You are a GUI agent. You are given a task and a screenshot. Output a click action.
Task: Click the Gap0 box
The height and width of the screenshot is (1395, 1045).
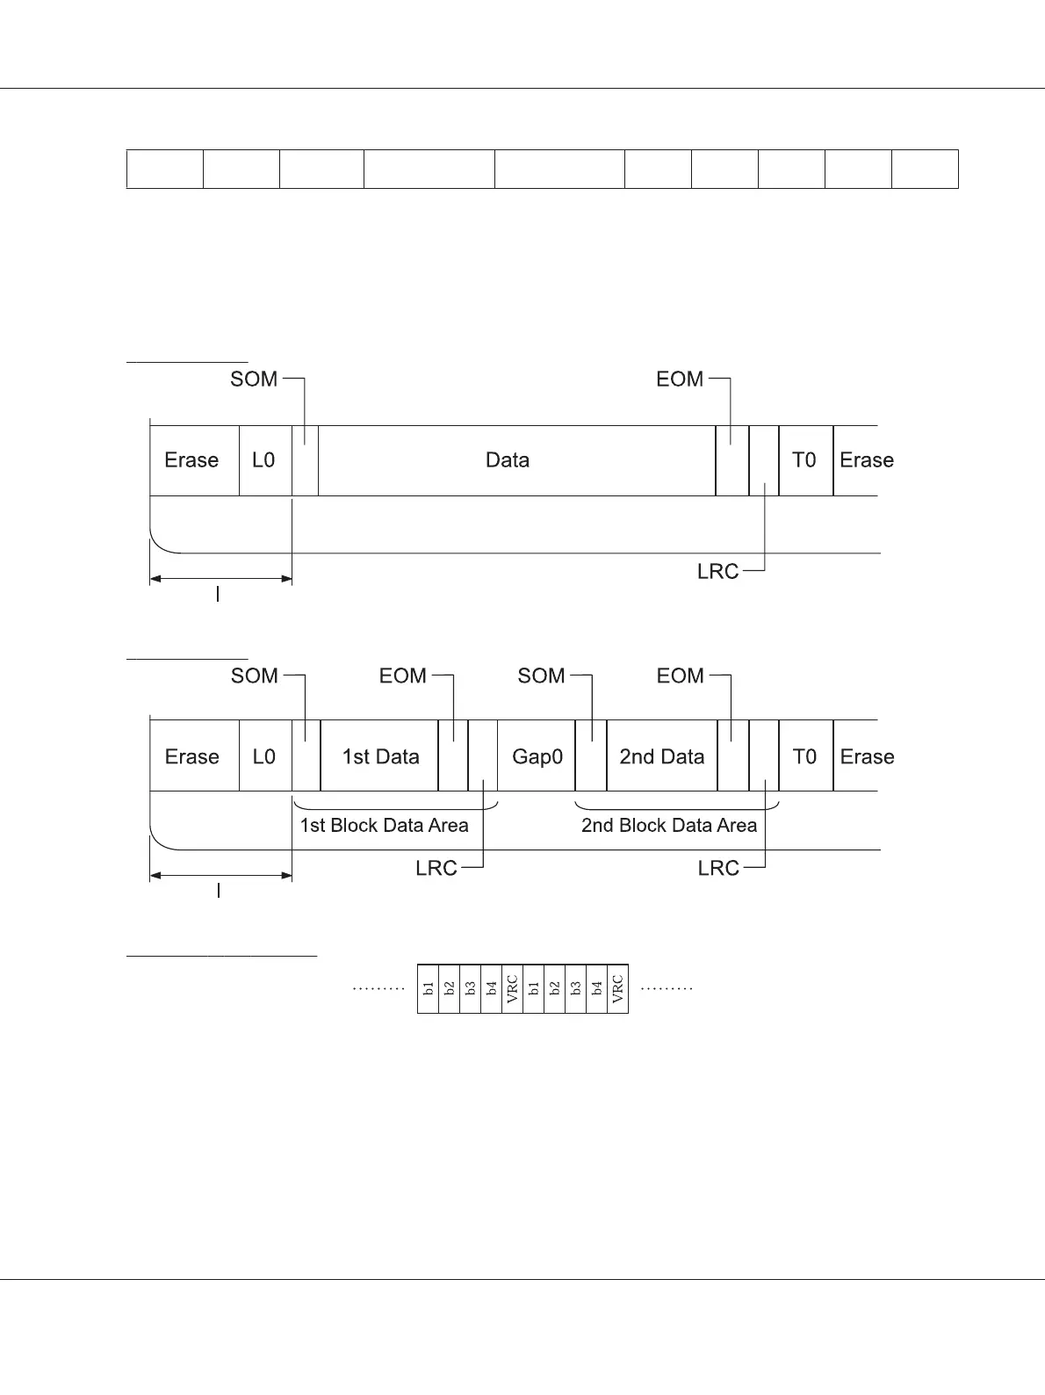pos(537,756)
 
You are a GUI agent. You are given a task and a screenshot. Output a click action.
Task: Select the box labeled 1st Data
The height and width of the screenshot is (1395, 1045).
pos(379,756)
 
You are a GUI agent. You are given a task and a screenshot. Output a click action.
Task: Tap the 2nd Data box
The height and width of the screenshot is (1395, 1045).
pos(661,756)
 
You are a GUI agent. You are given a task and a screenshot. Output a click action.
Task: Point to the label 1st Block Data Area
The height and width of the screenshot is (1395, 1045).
pos(384,826)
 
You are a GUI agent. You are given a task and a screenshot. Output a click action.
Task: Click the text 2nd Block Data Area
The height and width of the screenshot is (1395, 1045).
pos(668,826)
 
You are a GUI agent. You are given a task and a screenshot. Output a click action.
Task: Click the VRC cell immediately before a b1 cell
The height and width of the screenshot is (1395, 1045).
pos(513,989)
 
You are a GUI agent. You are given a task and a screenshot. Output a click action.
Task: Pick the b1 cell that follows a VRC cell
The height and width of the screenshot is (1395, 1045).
pos(534,989)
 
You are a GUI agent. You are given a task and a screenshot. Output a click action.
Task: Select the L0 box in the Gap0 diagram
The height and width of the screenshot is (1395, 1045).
pos(264,756)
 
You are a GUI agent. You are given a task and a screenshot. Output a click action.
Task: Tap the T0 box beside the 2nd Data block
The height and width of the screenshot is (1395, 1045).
pos(804,756)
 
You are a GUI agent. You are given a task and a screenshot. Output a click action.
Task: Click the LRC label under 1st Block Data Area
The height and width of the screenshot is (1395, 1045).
pos(436,869)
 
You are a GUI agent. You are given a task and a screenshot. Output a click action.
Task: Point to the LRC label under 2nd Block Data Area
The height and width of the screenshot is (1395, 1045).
pos(718,869)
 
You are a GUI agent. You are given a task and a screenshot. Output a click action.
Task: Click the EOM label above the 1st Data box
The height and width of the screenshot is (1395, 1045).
pos(403,676)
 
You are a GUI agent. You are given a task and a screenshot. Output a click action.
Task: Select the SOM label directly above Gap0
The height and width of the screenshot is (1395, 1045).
pos(541,676)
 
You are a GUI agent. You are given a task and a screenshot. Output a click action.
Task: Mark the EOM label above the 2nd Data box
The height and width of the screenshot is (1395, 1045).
pos(681,676)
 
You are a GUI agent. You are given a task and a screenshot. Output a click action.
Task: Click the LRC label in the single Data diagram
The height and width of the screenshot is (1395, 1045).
pos(717,572)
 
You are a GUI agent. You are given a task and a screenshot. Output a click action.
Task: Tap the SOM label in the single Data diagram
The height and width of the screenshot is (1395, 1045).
pos(254,379)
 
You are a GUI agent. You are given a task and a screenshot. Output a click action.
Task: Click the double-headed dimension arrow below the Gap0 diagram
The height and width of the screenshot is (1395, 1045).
pos(221,876)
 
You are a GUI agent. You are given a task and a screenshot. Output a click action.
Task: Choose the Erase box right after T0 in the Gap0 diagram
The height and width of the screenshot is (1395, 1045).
pos(866,756)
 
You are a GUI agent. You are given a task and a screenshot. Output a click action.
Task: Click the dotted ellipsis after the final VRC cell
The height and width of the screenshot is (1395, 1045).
pos(667,989)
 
